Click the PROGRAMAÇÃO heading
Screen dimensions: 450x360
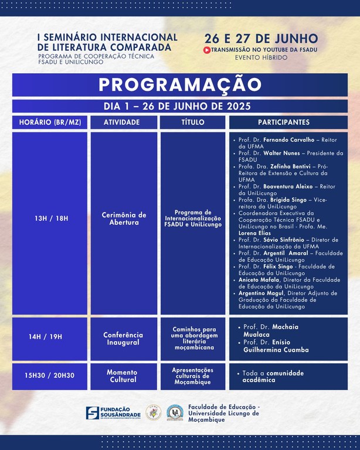coord(180,85)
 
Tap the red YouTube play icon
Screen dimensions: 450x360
coord(207,50)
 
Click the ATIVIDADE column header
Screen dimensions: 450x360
coord(122,122)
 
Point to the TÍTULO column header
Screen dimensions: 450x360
coord(193,122)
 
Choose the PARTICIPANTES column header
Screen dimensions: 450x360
coord(284,122)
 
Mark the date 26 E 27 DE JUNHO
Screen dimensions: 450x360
coord(261,39)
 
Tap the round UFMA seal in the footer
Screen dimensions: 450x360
coord(153,412)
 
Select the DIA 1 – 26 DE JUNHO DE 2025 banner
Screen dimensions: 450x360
coord(180,106)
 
